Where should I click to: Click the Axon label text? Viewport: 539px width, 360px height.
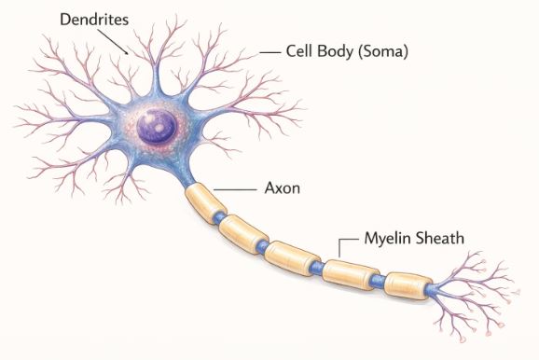281,188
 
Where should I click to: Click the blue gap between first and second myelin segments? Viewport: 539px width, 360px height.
220,218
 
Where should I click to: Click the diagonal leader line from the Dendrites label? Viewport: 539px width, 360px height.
117,41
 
